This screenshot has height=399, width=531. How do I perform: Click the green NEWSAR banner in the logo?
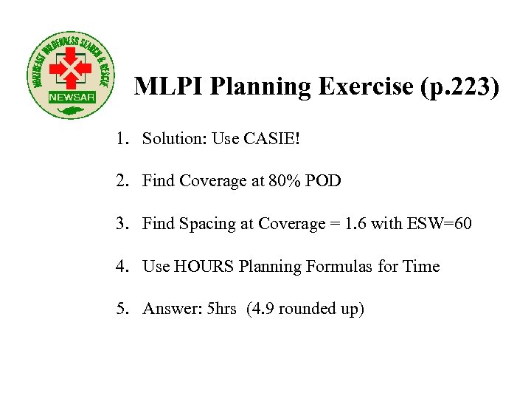[67, 98]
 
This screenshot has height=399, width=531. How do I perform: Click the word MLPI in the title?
[168, 87]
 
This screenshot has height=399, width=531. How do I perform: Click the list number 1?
[120, 138]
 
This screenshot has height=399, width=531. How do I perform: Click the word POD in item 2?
[324, 181]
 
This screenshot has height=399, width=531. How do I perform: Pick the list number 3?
[120, 224]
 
